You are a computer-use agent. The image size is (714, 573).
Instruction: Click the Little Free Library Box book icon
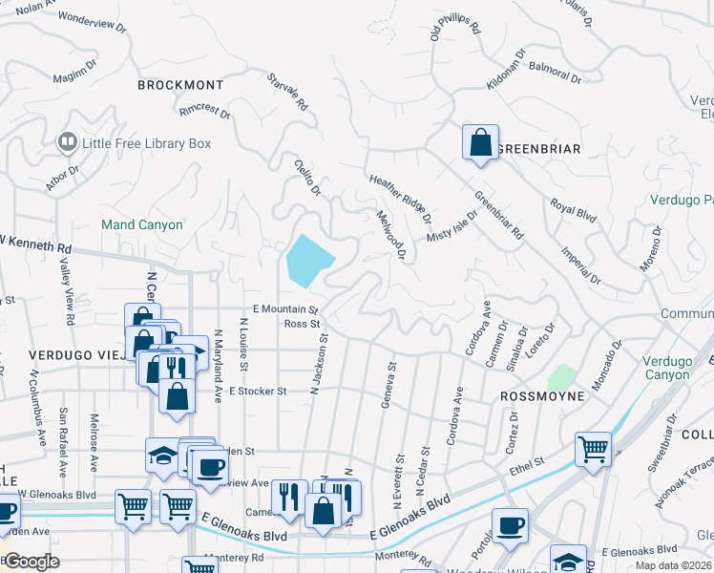[67, 143]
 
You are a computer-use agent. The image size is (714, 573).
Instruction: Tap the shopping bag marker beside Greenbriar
[480, 143]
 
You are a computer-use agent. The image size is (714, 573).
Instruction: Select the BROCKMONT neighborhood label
[180, 85]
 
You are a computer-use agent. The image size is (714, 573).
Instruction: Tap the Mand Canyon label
[142, 225]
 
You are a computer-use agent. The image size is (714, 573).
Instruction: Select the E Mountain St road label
[284, 309]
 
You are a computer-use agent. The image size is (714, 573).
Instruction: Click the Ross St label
[301, 324]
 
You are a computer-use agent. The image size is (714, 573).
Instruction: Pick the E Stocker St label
[257, 392]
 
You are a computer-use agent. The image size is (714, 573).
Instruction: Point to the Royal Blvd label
[573, 210]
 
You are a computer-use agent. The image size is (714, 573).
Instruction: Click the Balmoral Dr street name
[555, 73]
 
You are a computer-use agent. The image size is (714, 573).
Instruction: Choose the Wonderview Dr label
[92, 22]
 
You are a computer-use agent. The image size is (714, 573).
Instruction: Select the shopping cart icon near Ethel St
[593, 449]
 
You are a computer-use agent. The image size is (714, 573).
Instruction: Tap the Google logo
[31, 561]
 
